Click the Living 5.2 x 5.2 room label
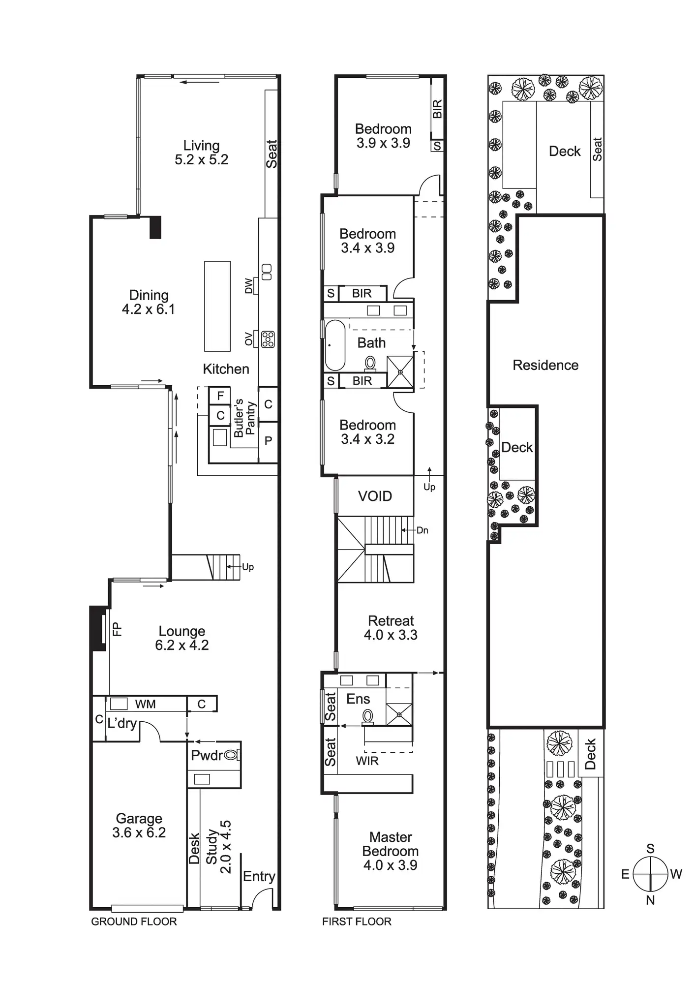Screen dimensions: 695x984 click(201, 153)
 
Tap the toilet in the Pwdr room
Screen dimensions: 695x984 click(232, 755)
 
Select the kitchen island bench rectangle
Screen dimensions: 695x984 click(217, 306)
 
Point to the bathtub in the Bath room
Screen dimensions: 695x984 click(335, 345)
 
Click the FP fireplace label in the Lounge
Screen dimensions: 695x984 click(117, 629)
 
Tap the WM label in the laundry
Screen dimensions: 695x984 click(145, 704)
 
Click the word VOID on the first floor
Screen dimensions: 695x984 click(375, 496)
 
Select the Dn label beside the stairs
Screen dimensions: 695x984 click(423, 530)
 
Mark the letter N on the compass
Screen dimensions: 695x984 click(650, 900)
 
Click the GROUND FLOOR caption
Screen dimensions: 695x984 click(134, 922)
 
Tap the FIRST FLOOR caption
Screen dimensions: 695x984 click(357, 922)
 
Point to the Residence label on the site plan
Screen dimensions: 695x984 click(545, 365)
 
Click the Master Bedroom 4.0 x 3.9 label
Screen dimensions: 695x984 click(391, 851)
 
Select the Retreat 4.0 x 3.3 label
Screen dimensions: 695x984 click(391, 628)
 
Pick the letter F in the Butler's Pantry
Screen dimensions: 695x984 click(220, 396)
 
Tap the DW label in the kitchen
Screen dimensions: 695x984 click(249, 286)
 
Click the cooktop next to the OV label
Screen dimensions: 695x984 click(268, 339)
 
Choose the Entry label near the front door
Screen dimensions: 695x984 click(259, 876)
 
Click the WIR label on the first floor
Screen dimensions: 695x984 click(367, 761)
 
